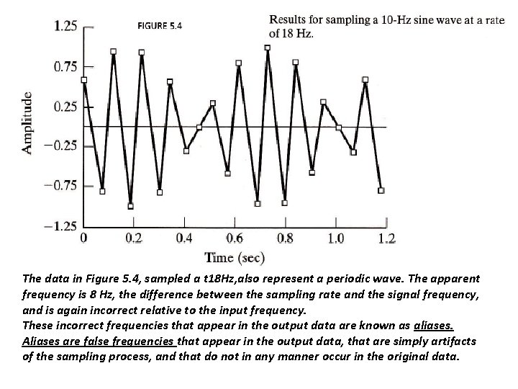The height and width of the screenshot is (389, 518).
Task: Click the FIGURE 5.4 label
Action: pos(160,27)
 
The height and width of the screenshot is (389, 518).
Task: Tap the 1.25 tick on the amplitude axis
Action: pos(66,27)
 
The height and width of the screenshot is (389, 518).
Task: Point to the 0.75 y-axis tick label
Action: pos(66,67)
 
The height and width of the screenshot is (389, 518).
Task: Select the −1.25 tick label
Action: pos(63,226)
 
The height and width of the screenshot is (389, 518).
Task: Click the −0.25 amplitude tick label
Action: pos(63,146)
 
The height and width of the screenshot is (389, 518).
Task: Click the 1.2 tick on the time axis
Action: pos(387,239)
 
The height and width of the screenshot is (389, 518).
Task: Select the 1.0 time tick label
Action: pos(336,239)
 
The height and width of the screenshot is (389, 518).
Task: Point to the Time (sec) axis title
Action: pos(235,257)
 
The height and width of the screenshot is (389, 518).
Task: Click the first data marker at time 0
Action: pos(84,80)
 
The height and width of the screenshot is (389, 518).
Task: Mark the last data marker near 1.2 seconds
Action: pos(381,191)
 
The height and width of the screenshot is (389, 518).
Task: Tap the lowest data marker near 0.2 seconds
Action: pos(130,206)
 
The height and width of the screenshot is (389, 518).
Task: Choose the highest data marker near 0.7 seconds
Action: pos(268,48)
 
